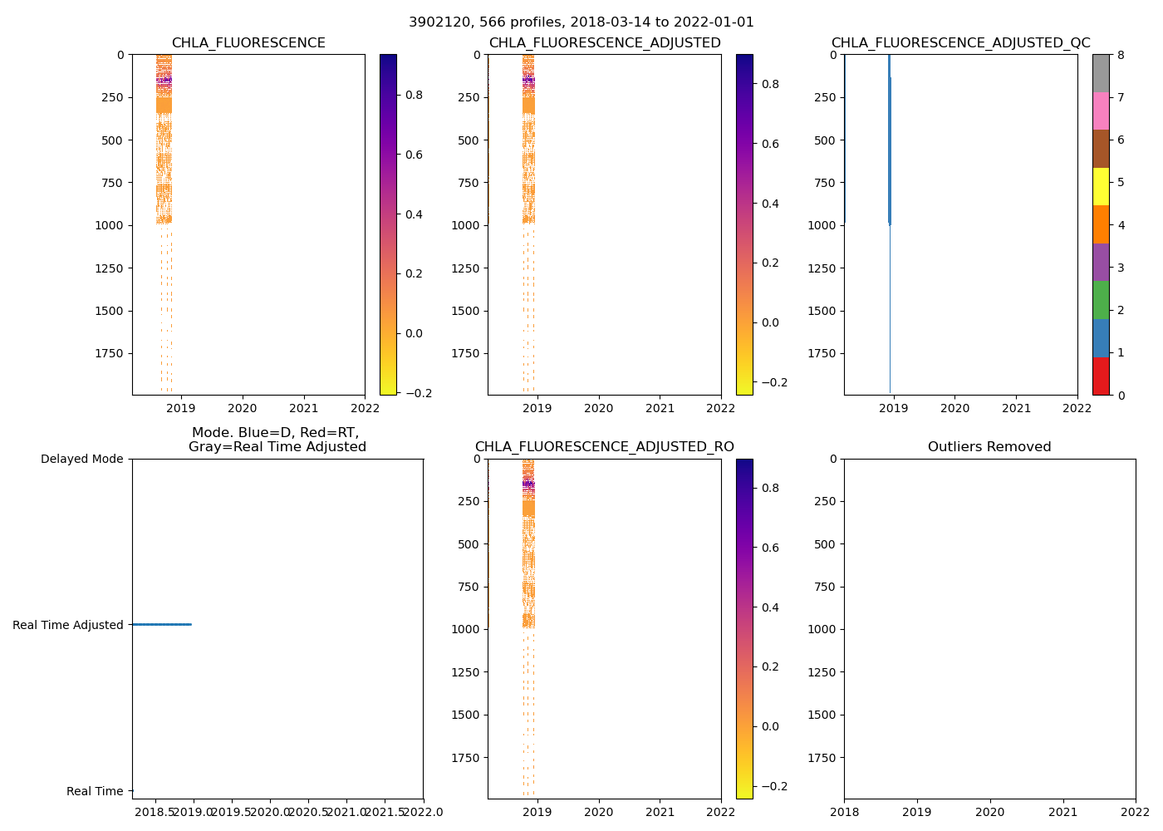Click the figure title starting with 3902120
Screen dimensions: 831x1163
pos(581,22)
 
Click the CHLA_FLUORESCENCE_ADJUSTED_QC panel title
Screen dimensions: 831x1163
pos(960,43)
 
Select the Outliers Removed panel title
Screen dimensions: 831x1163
pos(989,447)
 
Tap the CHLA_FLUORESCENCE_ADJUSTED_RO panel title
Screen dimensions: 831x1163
pos(604,447)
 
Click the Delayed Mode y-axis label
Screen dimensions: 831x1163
pos(81,459)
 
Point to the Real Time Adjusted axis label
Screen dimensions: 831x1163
pos(67,625)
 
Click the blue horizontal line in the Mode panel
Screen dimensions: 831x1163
pos(161,624)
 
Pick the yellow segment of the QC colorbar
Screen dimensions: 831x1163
pos(1101,186)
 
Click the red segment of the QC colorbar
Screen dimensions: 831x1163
pos(1101,376)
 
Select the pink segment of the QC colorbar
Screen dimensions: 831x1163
pos(1101,111)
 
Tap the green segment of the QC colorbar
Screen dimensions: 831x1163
pos(1101,300)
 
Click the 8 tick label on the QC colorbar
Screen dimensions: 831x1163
pos(1121,55)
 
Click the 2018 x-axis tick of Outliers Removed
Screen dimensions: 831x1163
pos(845,812)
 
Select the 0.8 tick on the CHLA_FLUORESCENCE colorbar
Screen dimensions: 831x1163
pos(414,95)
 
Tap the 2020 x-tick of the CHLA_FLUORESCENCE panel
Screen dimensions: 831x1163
pos(243,408)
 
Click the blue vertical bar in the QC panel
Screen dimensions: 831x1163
pos(889,141)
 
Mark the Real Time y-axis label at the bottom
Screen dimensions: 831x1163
pos(95,791)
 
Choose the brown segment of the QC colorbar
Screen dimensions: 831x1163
pos(1101,149)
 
